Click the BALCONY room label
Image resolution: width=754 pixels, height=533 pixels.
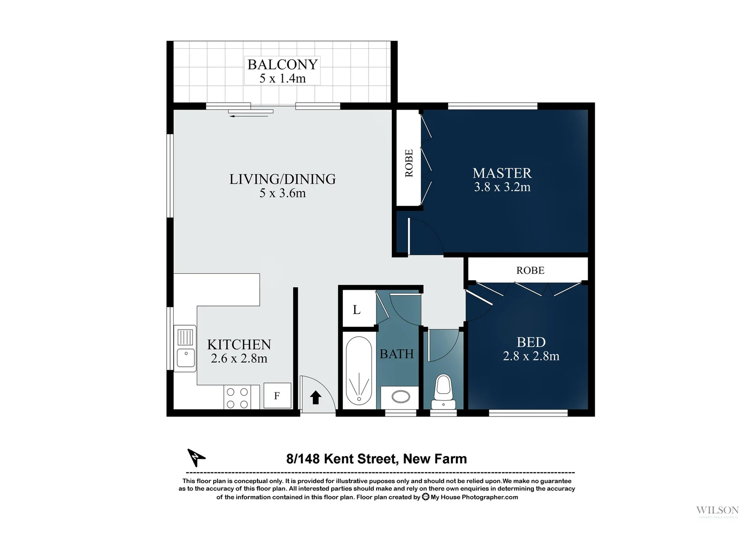(x=282, y=65)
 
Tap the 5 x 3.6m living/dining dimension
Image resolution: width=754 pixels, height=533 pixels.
(x=282, y=193)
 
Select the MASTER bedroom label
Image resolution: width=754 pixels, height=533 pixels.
(x=502, y=173)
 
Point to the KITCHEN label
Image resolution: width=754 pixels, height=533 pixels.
(x=239, y=344)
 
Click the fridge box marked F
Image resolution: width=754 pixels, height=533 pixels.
(x=277, y=396)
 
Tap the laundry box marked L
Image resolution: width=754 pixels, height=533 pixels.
(x=357, y=310)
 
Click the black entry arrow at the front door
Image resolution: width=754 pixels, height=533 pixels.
(x=315, y=397)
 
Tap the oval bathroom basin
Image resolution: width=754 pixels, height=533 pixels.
(x=400, y=396)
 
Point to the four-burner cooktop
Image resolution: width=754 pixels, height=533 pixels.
(x=237, y=398)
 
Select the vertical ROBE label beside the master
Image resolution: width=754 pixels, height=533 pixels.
(x=409, y=163)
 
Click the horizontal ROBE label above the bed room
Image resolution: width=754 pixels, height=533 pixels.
(x=530, y=270)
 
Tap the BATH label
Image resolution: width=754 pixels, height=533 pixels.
(x=396, y=354)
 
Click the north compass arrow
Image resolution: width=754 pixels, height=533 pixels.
(x=196, y=457)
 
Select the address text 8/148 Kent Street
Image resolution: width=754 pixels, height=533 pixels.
(x=377, y=459)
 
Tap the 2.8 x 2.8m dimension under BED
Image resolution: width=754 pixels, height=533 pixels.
(x=531, y=356)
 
